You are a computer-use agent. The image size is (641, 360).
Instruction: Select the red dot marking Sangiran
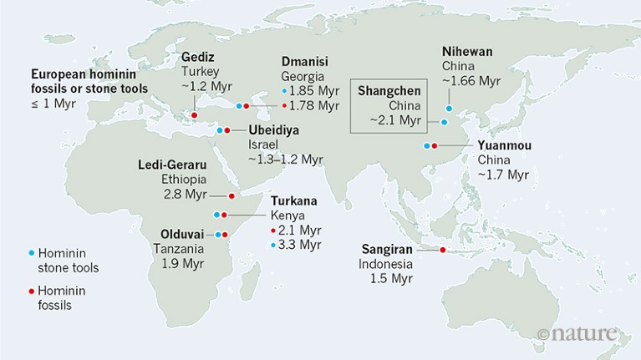442,250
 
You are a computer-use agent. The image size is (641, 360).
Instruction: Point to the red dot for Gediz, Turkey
195,115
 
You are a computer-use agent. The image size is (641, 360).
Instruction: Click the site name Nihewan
467,51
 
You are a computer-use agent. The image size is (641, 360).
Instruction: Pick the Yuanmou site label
504,145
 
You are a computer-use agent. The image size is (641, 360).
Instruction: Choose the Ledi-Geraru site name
172,165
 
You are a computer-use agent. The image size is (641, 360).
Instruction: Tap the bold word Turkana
293,200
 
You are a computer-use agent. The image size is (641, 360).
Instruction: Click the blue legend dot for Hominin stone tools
31,252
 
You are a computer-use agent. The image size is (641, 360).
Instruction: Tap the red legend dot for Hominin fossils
31,291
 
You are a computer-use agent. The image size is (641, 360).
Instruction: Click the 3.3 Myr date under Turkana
300,245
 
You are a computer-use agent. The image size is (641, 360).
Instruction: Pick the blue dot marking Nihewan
449,108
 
